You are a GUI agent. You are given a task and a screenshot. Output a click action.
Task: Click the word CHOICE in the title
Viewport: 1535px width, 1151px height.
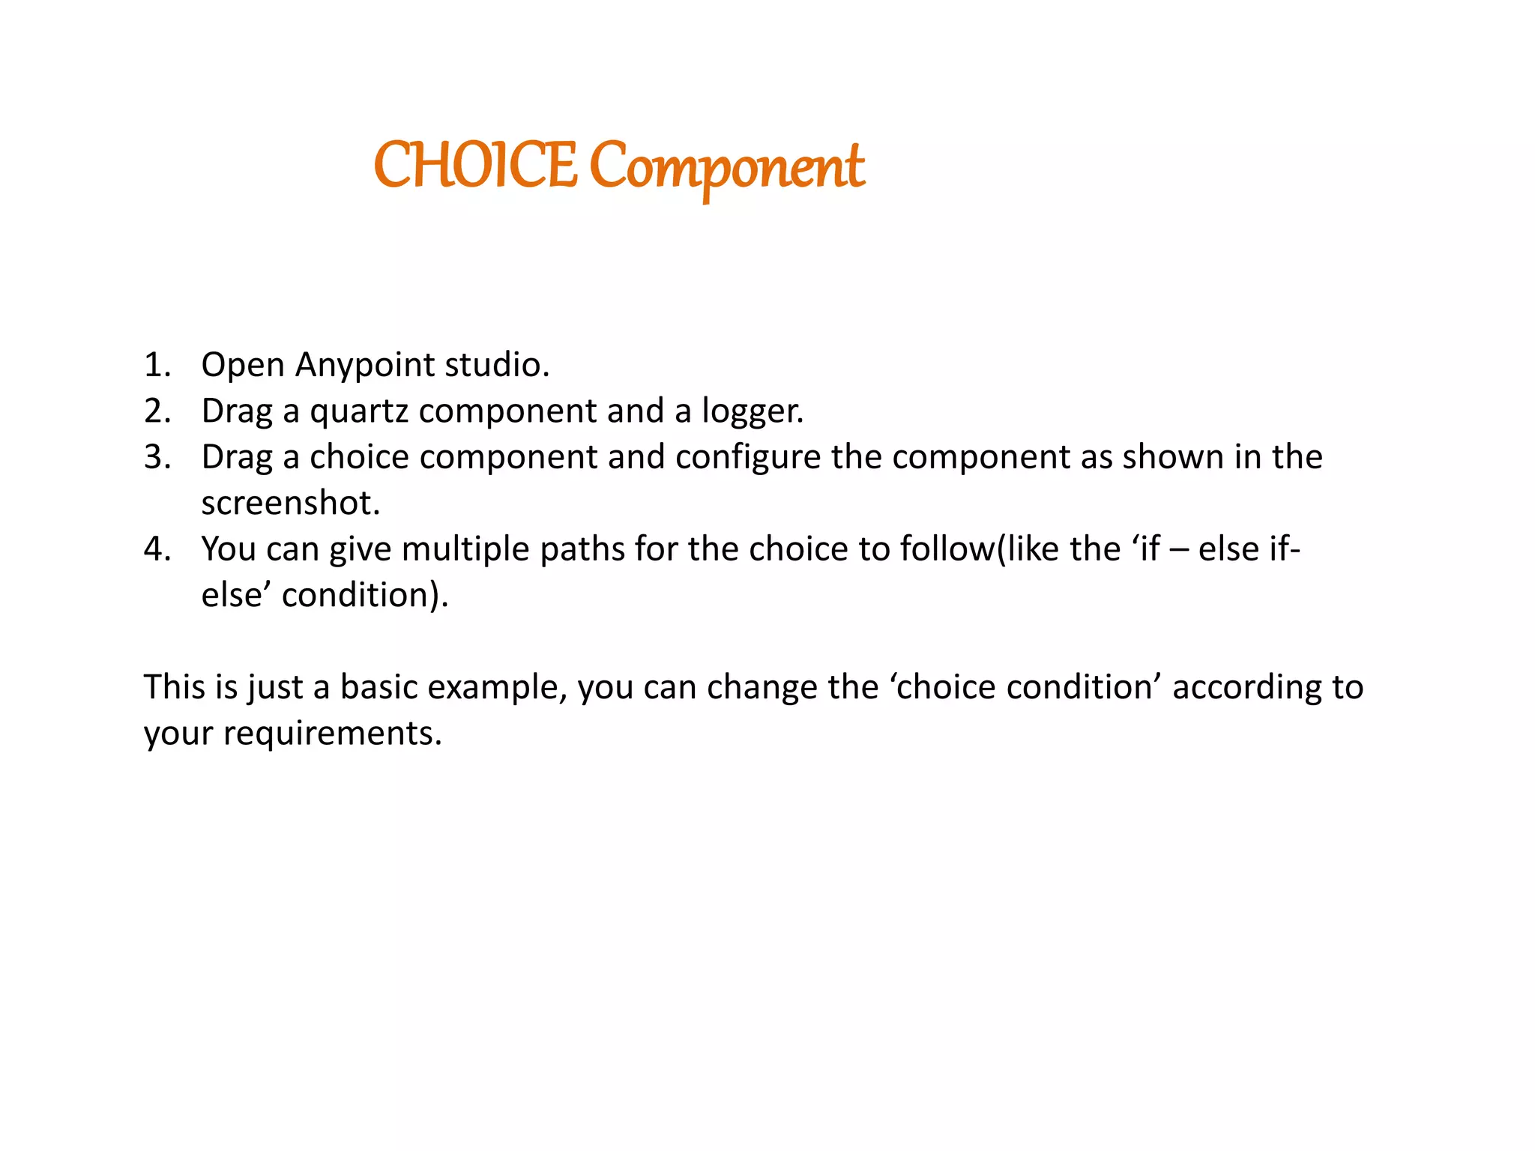(475, 166)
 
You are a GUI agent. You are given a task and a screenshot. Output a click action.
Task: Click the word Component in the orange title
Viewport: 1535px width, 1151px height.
(727, 168)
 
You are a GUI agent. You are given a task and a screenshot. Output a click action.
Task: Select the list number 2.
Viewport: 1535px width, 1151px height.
(157, 411)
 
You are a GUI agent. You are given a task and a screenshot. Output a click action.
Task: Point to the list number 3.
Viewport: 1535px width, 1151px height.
(157, 457)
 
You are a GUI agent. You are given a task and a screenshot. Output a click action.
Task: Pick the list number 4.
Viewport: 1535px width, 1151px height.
(157, 549)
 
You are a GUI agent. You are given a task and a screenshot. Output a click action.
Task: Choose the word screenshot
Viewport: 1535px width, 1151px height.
(290, 503)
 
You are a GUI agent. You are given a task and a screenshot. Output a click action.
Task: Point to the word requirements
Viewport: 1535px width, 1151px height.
(332, 734)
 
